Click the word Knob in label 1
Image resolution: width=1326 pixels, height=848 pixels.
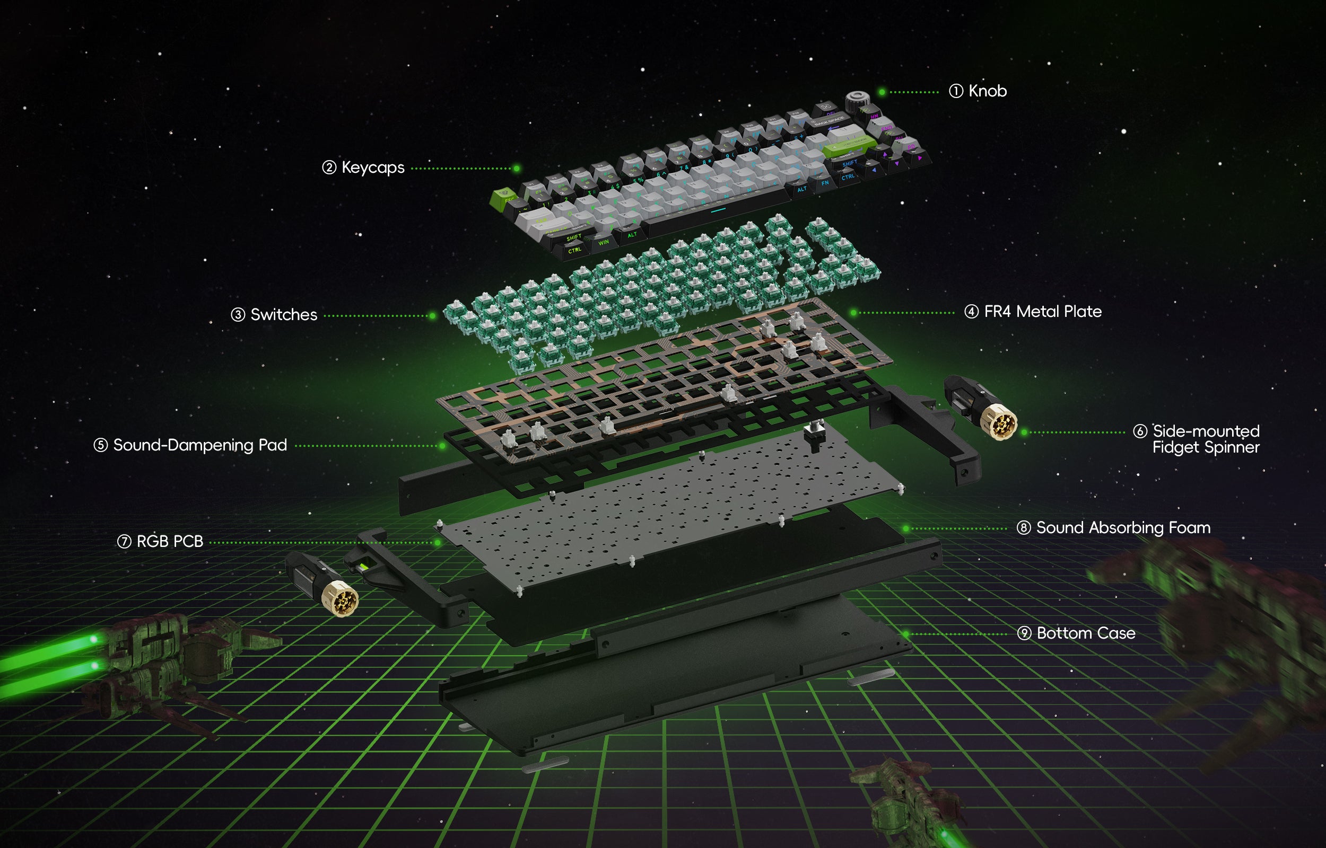pyautogui.click(x=987, y=91)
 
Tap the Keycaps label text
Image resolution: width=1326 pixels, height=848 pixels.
pyautogui.click(x=373, y=167)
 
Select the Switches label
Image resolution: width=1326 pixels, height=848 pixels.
pyautogui.click(x=284, y=314)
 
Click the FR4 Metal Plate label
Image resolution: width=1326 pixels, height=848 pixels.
pyautogui.click(x=1042, y=312)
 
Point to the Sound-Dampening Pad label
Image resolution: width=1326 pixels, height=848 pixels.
pyautogui.click(x=200, y=445)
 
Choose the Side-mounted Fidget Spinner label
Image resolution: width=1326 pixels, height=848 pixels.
pyautogui.click(x=1206, y=439)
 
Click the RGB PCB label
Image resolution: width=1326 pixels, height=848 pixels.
pyautogui.click(x=170, y=541)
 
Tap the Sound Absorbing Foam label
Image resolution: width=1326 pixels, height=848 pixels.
pyautogui.click(x=1123, y=527)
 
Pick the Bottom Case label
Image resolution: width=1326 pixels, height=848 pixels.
pyautogui.click(x=1085, y=633)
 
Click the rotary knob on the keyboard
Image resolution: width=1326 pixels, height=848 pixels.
pyautogui.click(x=857, y=101)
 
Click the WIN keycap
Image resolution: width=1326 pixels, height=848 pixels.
pyautogui.click(x=603, y=242)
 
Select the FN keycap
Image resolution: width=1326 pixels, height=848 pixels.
pyautogui.click(x=825, y=183)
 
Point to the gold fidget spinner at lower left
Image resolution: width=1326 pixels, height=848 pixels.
pyautogui.click(x=341, y=599)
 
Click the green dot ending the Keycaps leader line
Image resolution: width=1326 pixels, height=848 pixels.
pyautogui.click(x=516, y=169)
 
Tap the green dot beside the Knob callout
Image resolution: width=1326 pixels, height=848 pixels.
pyautogui.click(x=882, y=92)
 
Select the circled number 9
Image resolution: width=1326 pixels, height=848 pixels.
pyautogui.click(x=1024, y=633)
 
